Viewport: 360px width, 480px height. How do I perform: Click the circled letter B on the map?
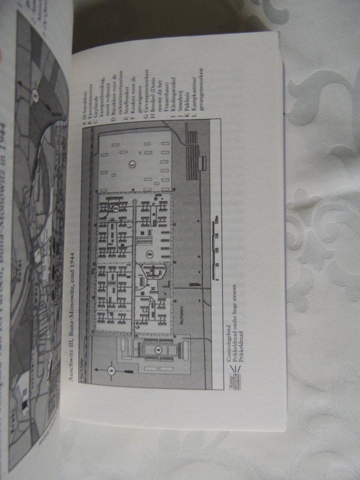coord(150,254)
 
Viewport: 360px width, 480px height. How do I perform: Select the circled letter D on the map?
coord(116,208)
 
